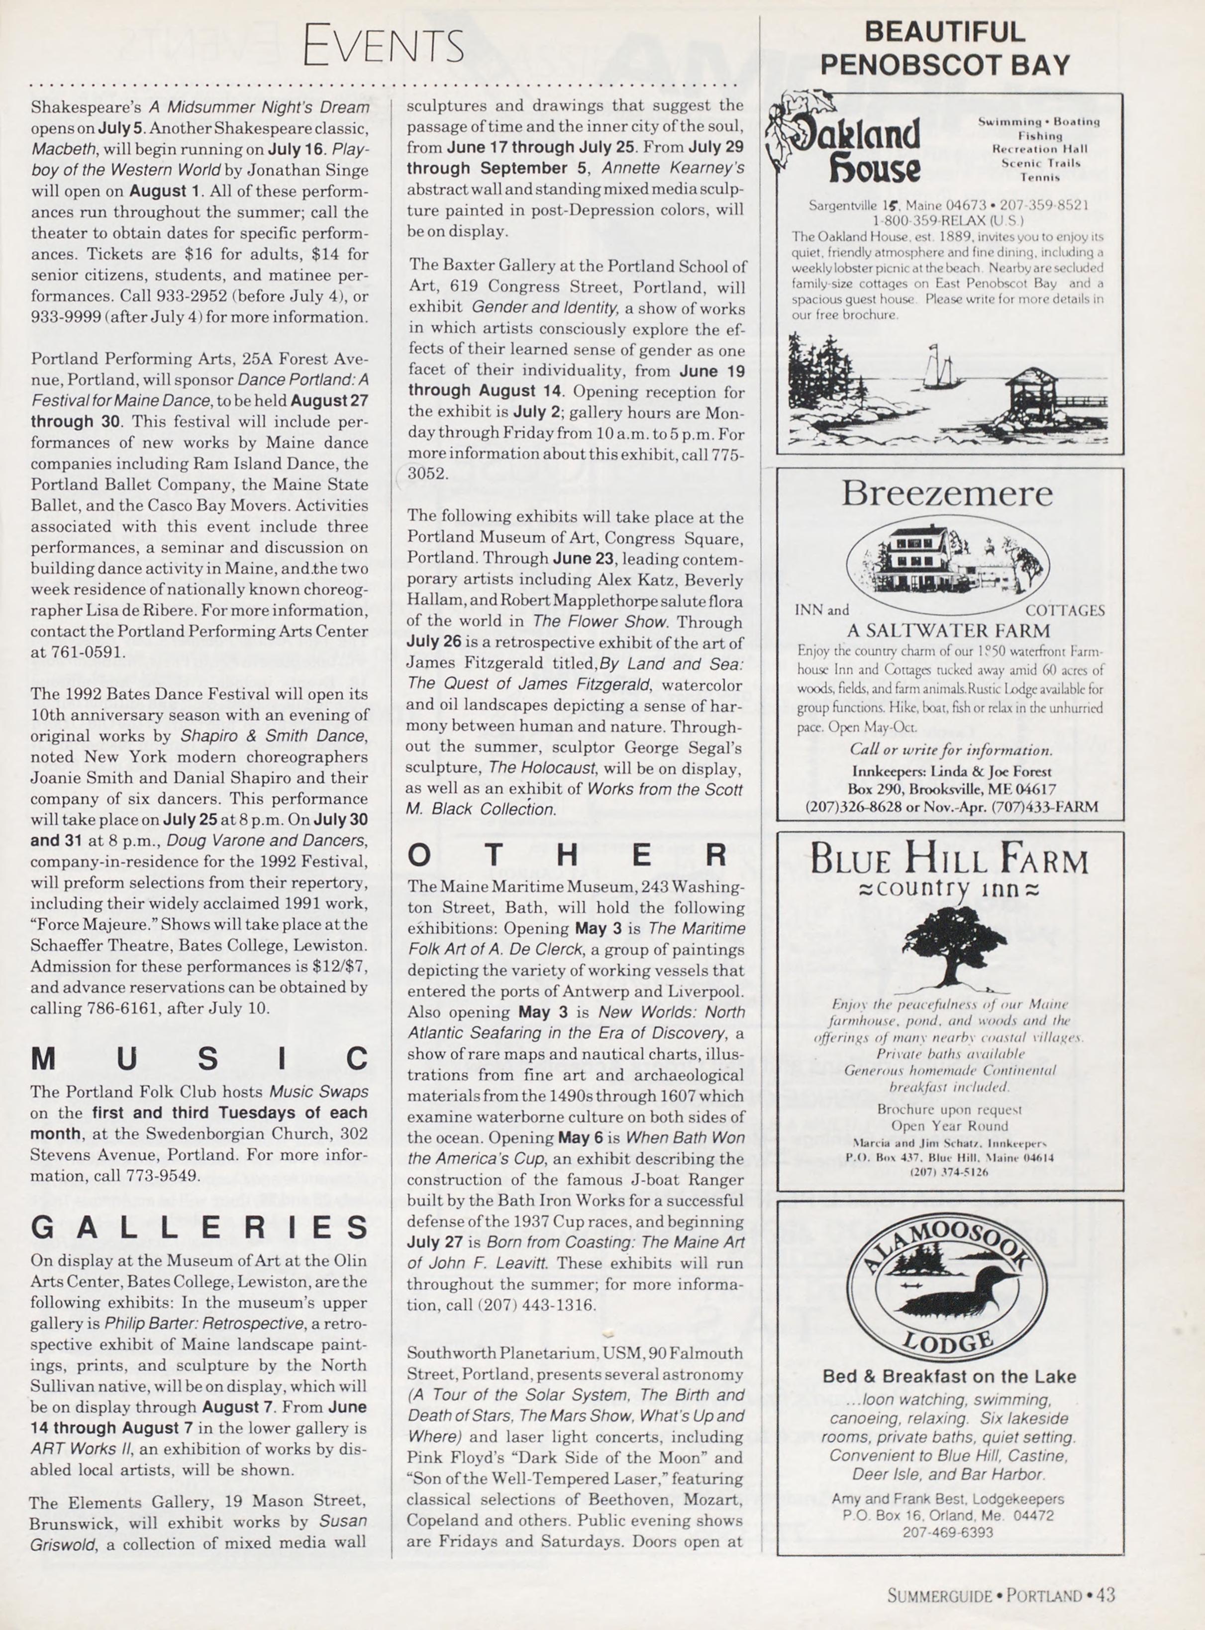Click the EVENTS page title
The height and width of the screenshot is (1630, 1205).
point(383,45)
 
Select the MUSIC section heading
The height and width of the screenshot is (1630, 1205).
point(199,1059)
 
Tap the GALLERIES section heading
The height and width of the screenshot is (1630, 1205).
point(199,1228)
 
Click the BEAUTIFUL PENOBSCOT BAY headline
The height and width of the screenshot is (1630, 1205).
point(945,48)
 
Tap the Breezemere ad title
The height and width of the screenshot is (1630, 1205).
point(947,494)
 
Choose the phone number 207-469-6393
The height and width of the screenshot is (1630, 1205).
point(947,1533)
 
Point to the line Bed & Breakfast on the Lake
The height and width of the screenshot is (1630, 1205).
point(949,1376)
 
